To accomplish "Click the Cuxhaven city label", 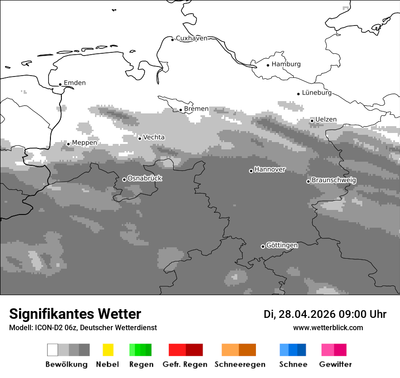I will pyautogui.click(x=191, y=38).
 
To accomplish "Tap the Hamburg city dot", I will pyautogui.click(x=268, y=65).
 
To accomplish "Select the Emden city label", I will pyautogui.click(x=75, y=83).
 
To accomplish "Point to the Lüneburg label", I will pyautogui.click(x=317, y=92).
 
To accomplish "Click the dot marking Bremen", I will pyautogui.click(x=180, y=110).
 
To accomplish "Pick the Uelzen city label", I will pyautogui.click(x=326, y=119).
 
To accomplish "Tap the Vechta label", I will pyautogui.click(x=154, y=137).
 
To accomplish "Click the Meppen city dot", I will pyautogui.click(x=68, y=144).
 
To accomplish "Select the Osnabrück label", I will pyautogui.click(x=145, y=178).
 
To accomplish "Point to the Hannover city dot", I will pyautogui.click(x=251, y=171).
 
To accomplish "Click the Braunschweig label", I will pyautogui.click(x=334, y=180).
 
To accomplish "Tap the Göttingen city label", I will pyautogui.click(x=282, y=245).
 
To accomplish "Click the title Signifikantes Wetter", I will pyautogui.click(x=75, y=314).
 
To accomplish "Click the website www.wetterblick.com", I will pyautogui.click(x=328, y=327).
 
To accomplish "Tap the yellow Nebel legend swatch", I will pyautogui.click(x=108, y=350).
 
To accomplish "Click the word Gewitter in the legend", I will pyautogui.click(x=335, y=364).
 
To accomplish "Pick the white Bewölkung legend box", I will pyautogui.click(x=53, y=350).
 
